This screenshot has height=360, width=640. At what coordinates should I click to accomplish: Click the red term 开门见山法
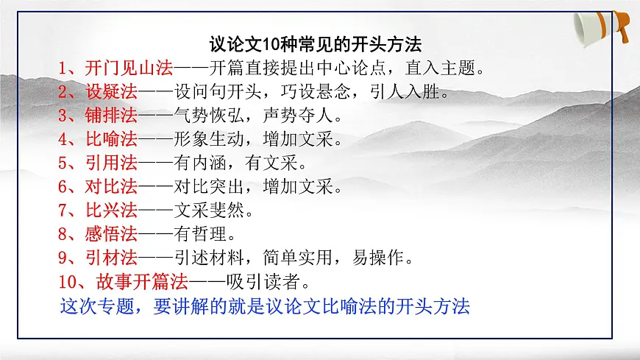(x=129, y=70)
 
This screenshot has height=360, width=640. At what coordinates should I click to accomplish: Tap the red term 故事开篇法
(x=142, y=281)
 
